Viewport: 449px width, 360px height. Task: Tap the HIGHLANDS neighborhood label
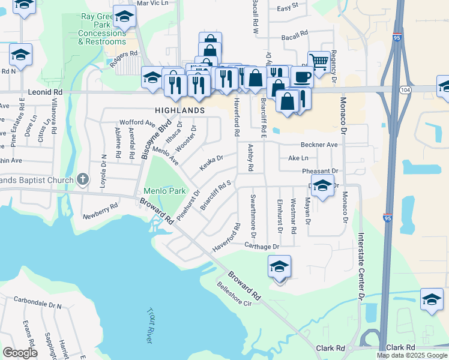(x=180, y=111)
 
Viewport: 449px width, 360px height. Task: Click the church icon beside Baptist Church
(x=83, y=179)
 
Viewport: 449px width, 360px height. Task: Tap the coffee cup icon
(x=302, y=77)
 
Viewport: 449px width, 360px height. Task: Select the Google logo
(x=20, y=353)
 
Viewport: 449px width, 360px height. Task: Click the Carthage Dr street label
(x=262, y=247)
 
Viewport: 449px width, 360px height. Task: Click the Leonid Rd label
(x=46, y=92)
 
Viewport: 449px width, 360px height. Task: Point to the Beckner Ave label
(x=319, y=145)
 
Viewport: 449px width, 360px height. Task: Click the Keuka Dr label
(x=211, y=162)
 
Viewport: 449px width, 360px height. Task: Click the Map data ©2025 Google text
(x=412, y=355)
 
